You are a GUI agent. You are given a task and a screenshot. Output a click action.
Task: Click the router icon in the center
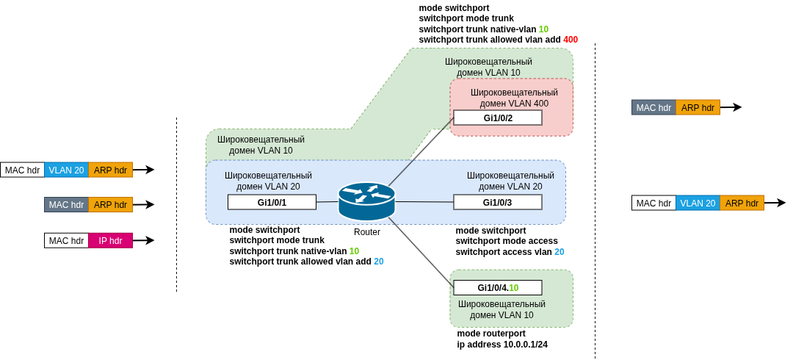click(x=366, y=201)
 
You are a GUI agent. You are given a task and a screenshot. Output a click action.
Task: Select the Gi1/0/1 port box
click(x=272, y=202)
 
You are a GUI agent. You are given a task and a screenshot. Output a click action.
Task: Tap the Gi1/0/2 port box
click(x=498, y=118)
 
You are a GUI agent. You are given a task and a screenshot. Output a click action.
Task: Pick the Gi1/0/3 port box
click(x=498, y=202)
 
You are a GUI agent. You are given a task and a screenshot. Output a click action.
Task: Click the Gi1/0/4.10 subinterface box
click(x=498, y=287)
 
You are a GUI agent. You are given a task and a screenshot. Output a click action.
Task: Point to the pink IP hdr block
click(x=110, y=240)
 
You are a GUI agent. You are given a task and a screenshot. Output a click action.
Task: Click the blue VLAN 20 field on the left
click(x=66, y=170)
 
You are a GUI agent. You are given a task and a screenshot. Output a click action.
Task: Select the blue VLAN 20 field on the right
click(x=698, y=203)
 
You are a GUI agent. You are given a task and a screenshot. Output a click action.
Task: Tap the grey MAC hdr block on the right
click(x=653, y=107)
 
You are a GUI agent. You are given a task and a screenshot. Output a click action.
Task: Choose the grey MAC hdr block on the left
click(x=66, y=204)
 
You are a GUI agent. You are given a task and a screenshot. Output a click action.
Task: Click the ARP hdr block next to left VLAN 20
click(x=110, y=170)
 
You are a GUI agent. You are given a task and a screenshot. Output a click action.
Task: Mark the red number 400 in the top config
click(x=571, y=40)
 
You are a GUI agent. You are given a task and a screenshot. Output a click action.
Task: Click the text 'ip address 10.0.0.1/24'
click(x=502, y=344)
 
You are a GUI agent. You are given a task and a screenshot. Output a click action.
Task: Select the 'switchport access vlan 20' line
click(x=510, y=251)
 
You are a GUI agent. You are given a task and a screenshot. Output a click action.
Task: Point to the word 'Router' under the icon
click(x=367, y=232)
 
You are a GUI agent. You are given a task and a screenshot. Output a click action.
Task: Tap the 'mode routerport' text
click(x=491, y=334)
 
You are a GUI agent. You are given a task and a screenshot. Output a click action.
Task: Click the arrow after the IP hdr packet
click(x=145, y=240)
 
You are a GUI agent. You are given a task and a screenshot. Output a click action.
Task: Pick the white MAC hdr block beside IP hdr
click(x=66, y=240)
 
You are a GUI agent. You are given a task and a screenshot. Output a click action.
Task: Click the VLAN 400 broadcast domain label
click(x=514, y=98)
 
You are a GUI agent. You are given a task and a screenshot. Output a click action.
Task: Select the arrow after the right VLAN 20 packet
click(x=775, y=203)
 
